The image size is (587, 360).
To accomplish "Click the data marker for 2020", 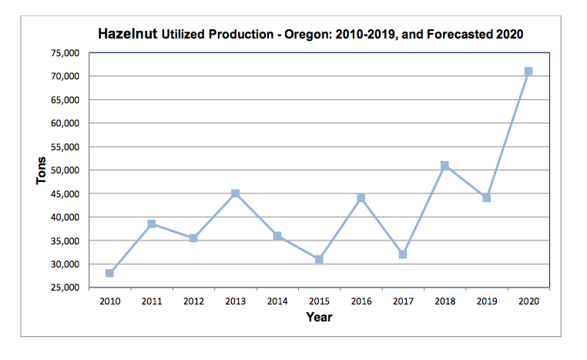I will pos(528,71).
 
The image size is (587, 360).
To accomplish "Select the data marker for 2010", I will pos(110,273).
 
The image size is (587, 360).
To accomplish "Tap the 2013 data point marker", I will pos(236,193).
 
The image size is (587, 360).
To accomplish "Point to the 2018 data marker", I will pos(444,165).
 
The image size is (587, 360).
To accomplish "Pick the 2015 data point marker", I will pos(319,259).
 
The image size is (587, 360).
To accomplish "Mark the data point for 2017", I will pos(403,254).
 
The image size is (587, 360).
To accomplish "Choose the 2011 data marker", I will pos(152,224).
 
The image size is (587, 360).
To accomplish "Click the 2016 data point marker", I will pos(361,198).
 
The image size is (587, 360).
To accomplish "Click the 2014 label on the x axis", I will pos(277,301).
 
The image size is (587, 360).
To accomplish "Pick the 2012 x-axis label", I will pos(193,301).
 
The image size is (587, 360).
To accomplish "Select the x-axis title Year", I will pos(319,317).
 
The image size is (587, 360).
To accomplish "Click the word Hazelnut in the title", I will pos(127,35).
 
